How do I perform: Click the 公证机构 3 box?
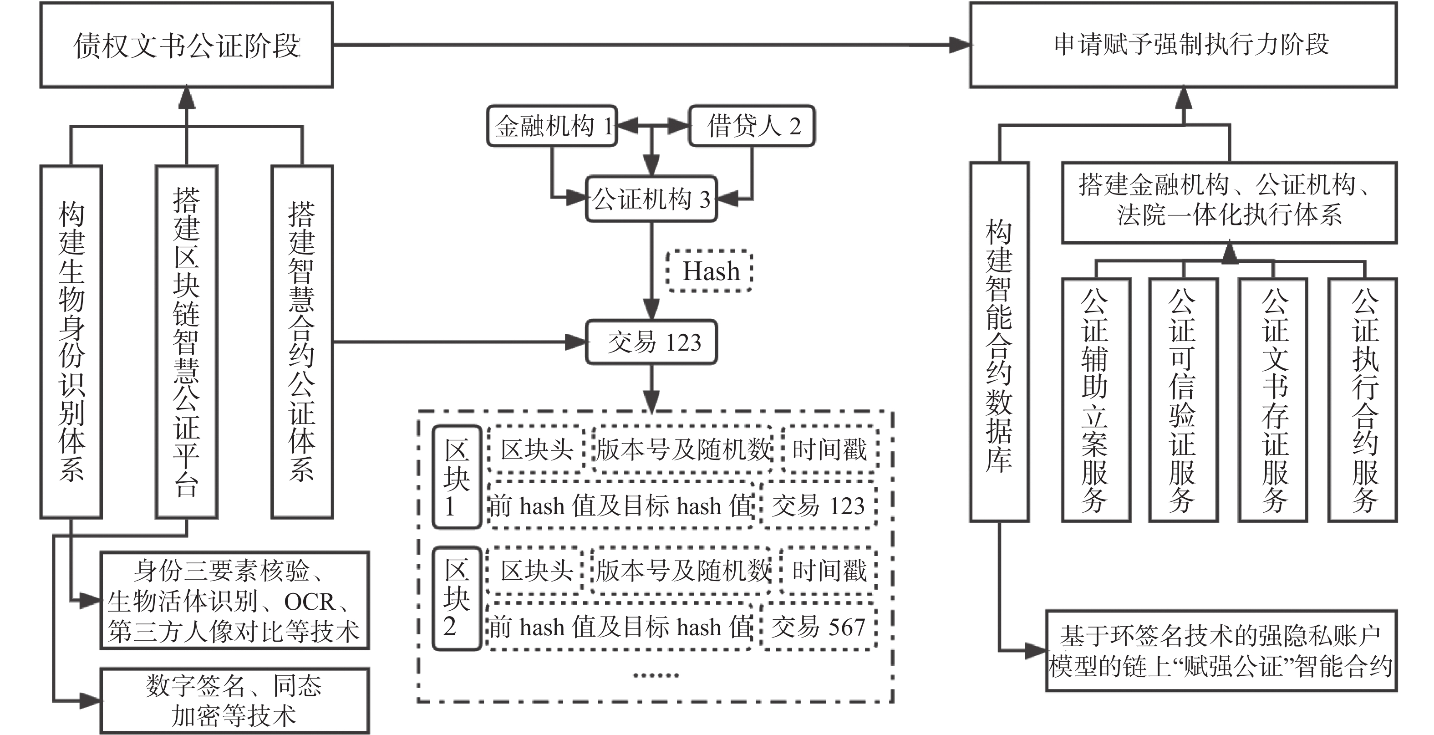tap(651, 199)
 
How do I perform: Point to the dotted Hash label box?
tap(710, 271)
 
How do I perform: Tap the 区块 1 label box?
tap(457, 477)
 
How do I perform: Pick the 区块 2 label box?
tap(457, 598)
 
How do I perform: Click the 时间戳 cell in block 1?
tap(829, 449)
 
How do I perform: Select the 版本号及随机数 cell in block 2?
tap(682, 570)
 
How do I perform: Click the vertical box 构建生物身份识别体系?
tap(71, 342)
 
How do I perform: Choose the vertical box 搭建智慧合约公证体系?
tap(302, 342)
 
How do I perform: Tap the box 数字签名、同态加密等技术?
tap(234, 700)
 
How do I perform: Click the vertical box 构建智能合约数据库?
tap(999, 342)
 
